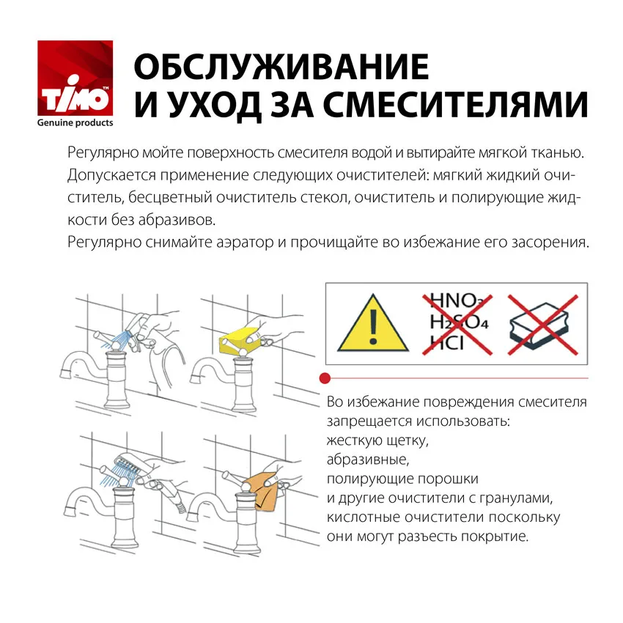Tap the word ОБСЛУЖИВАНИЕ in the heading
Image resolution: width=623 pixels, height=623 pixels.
(x=281, y=67)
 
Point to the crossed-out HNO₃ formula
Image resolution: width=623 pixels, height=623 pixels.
(x=456, y=301)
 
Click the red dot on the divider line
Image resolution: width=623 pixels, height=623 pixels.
(x=325, y=378)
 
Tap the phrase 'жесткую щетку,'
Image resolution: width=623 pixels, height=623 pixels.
(x=377, y=441)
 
